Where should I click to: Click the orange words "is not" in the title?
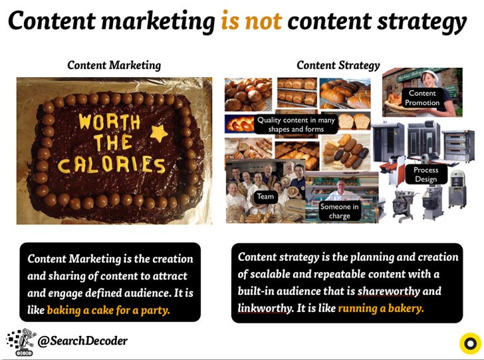(251, 21)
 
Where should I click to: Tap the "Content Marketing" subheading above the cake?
(114, 65)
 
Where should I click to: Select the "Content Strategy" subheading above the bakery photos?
(338, 65)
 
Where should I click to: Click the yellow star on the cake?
(159, 133)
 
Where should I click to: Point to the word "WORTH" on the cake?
(109, 122)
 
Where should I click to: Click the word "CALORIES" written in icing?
(112, 164)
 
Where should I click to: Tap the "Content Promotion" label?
(422, 98)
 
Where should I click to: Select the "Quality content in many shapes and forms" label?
(296, 124)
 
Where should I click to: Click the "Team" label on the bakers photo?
(265, 196)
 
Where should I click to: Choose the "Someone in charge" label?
(339, 211)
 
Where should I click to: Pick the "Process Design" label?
(426, 174)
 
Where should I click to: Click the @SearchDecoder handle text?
(82, 341)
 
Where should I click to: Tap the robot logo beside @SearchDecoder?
(21, 342)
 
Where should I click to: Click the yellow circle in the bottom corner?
(471, 343)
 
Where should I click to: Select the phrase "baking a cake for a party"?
(108, 310)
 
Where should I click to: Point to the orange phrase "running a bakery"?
(381, 308)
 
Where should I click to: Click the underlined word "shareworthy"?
(389, 291)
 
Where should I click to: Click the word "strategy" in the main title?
(422, 22)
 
